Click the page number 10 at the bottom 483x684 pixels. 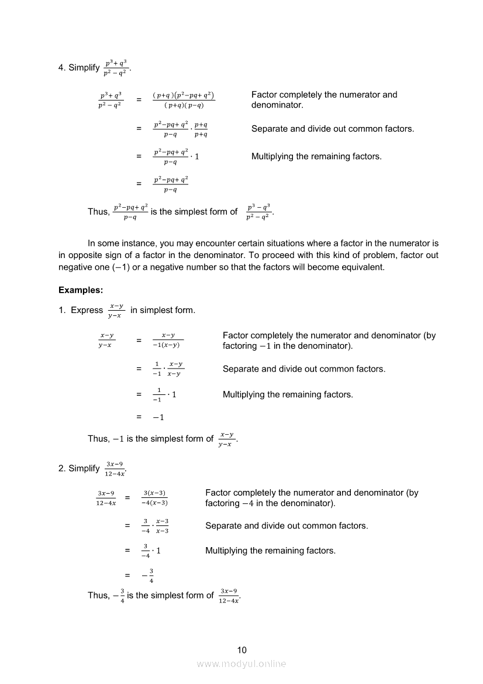(x=241, y=650)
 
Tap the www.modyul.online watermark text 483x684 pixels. (x=241, y=664)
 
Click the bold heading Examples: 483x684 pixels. (x=81, y=290)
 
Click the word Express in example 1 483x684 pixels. (x=87, y=310)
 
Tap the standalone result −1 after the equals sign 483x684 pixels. (x=158, y=417)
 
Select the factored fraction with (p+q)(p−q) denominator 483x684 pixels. (x=184, y=100)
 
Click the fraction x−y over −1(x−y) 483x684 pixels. (x=168, y=340)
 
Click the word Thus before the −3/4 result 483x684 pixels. (x=98, y=596)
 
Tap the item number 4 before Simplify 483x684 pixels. (x=61, y=68)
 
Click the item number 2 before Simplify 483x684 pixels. (x=61, y=469)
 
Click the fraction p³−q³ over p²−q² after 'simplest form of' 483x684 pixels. (x=258, y=212)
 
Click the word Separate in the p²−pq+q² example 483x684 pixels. (x=269, y=129)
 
